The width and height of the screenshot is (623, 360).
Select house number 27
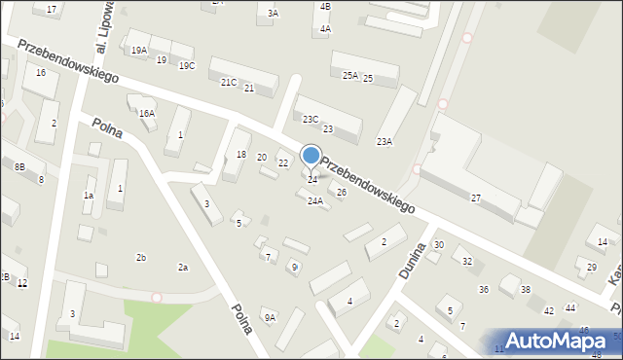point(476,198)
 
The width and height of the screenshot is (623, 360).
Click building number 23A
point(385,142)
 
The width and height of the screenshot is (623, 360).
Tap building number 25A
point(349,75)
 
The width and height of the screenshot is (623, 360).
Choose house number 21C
point(228,83)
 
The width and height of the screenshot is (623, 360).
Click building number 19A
point(138,50)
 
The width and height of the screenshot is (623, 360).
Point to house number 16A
point(146,113)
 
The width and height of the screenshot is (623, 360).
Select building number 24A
point(314,201)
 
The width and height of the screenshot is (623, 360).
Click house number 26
point(341,193)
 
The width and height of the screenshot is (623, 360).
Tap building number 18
point(241,156)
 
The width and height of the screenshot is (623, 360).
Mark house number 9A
point(270,317)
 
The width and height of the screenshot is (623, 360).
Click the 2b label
point(141,257)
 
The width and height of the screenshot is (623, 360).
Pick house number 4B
point(325,7)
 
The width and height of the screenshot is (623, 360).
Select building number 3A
point(274,14)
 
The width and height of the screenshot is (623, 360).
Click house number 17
point(52,9)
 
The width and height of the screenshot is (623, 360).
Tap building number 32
point(467,261)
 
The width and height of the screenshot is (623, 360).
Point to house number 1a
point(88,196)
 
